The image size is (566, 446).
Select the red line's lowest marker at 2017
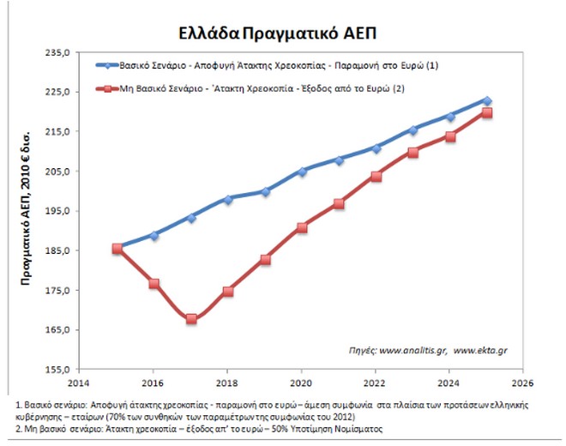191,319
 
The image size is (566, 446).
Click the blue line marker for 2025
487,100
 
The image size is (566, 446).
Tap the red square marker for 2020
302,228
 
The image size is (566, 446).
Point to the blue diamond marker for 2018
228,199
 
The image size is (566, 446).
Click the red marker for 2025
487,112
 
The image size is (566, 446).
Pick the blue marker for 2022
376,148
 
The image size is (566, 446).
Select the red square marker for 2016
154,284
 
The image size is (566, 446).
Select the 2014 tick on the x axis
80,384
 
